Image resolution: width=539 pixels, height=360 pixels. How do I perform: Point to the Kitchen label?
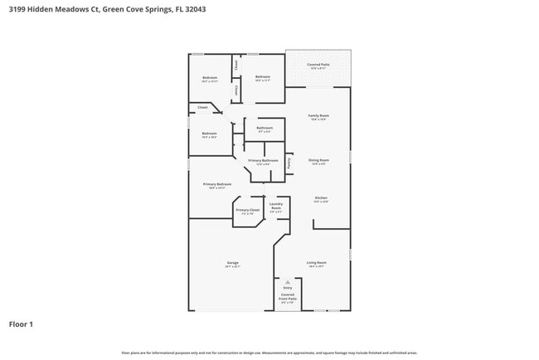pyautogui.click(x=320, y=197)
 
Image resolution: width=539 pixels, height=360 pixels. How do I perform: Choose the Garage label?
pyautogui.click(x=232, y=263)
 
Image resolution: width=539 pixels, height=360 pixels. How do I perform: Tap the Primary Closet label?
pyautogui.click(x=247, y=210)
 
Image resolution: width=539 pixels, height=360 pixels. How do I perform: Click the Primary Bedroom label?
pyautogui.click(x=217, y=184)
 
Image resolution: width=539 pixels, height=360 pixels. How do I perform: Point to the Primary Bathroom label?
pyautogui.click(x=263, y=160)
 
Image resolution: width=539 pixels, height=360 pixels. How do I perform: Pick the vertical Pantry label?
pyautogui.click(x=289, y=163)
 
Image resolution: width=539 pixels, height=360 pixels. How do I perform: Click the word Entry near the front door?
pyautogui.click(x=288, y=288)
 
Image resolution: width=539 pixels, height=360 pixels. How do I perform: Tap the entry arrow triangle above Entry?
pyautogui.click(x=288, y=282)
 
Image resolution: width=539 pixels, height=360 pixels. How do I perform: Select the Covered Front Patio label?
pyautogui.click(x=288, y=296)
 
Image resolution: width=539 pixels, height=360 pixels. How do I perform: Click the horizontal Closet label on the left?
pyautogui.click(x=202, y=107)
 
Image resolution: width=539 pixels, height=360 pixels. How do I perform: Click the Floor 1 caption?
pyautogui.click(x=21, y=324)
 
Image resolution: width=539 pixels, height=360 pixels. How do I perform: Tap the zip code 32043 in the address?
pyautogui.click(x=194, y=9)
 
